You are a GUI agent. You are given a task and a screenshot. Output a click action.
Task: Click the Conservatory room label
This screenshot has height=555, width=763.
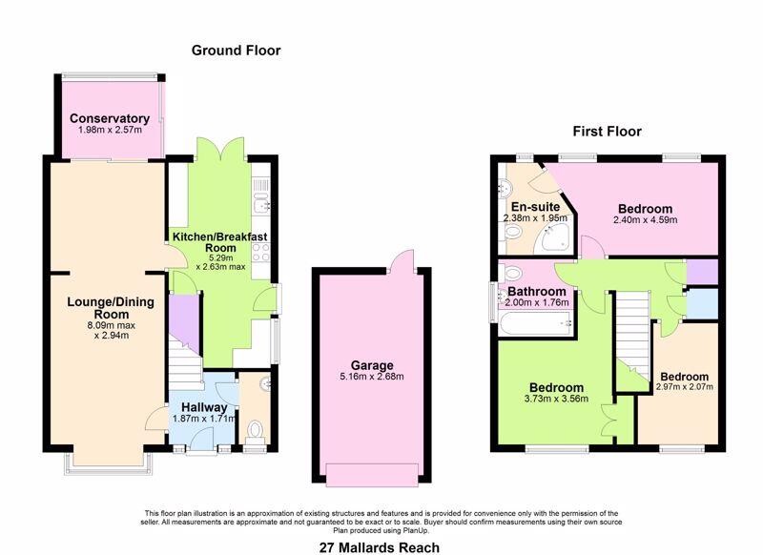click(110, 118)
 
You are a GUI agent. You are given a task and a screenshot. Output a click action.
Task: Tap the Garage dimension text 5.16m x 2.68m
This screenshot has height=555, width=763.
click(372, 377)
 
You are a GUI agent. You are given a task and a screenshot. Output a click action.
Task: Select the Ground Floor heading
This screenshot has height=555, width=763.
click(236, 51)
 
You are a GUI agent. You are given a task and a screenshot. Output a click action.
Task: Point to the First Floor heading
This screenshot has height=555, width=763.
click(607, 132)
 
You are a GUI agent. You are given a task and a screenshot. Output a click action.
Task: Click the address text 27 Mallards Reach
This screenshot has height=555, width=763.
click(379, 547)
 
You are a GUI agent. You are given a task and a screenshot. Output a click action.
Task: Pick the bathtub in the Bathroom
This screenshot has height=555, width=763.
click(535, 323)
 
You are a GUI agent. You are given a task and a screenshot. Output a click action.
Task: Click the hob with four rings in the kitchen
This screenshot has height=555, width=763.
click(260, 253)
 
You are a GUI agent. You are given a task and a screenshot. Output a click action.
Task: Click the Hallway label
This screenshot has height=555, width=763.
click(204, 407)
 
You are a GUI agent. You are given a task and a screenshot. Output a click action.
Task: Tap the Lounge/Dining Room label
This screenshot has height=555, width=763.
click(111, 308)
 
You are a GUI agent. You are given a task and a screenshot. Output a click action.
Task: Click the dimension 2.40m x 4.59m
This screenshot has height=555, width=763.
click(646, 220)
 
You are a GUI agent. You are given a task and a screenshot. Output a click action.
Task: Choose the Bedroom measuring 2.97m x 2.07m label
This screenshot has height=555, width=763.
click(684, 377)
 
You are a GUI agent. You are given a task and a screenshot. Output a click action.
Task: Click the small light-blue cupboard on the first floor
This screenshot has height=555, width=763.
click(702, 304)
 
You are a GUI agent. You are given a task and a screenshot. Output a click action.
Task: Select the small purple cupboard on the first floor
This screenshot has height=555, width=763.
click(702, 273)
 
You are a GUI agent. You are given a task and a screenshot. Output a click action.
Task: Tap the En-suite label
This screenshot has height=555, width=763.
click(535, 207)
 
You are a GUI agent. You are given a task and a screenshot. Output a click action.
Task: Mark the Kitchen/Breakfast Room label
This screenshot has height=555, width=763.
click(220, 242)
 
